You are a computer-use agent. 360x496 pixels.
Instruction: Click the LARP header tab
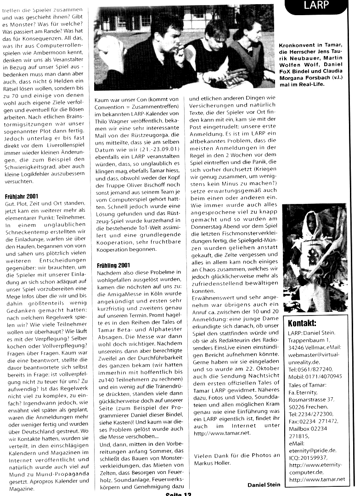321,6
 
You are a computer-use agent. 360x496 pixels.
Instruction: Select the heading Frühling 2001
113,265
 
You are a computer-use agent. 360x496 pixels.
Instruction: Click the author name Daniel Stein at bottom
264,485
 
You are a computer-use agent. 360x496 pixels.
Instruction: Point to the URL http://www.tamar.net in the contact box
316,479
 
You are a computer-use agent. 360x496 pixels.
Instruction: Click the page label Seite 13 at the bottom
178,494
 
